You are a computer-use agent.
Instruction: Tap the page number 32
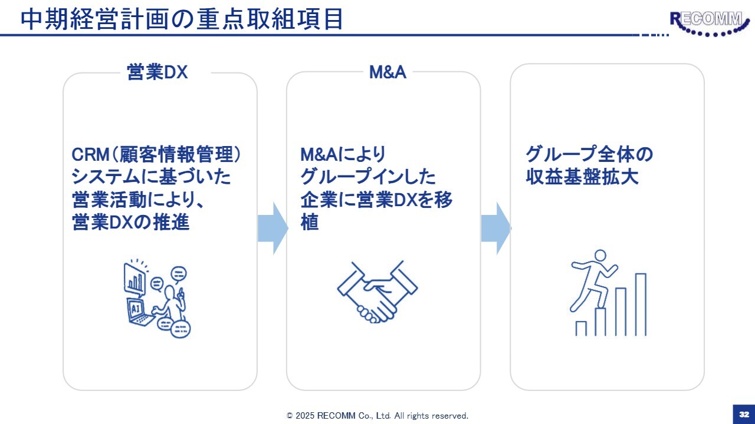[743, 414]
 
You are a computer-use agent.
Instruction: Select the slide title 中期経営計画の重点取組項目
[181, 19]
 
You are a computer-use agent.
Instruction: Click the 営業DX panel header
[157, 72]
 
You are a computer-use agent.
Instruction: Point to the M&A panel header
[388, 72]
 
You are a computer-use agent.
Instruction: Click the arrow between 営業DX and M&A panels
[272, 228]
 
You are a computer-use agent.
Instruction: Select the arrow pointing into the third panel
[495, 228]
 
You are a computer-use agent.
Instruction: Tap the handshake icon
[377, 291]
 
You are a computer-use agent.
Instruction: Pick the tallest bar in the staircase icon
[641, 304]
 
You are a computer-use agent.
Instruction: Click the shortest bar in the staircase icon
[581, 328]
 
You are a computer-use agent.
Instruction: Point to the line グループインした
[368, 177]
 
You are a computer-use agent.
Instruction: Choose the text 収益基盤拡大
[582, 177]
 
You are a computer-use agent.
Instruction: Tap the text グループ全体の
[589, 155]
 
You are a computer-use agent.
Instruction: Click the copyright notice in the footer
[377, 416]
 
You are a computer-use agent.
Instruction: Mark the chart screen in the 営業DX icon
[136, 279]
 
